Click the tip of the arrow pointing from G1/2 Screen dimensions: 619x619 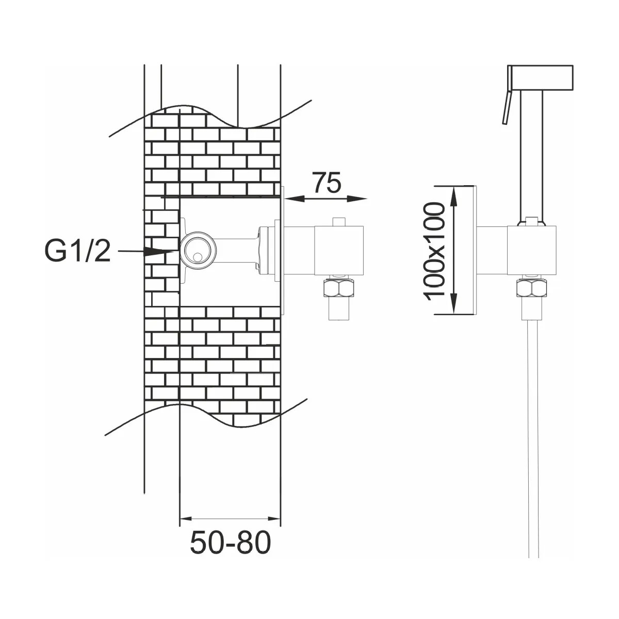click(174, 252)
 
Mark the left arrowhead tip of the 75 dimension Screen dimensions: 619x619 click(285, 199)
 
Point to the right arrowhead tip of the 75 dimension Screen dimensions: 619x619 click(367, 199)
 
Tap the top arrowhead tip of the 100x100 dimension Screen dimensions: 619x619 click(453, 188)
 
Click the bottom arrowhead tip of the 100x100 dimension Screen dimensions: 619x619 click(453, 314)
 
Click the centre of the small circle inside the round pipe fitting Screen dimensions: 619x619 click(198, 257)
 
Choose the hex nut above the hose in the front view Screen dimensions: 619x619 click(532, 287)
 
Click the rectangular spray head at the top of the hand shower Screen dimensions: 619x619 click(540, 77)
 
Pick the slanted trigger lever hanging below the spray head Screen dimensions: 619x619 click(507, 107)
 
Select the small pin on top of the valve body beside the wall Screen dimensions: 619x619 click(338, 222)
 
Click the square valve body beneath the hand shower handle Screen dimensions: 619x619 click(532, 250)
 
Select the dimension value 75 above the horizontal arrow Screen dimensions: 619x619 click(327, 183)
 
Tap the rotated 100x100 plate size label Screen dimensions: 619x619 click(435, 251)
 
